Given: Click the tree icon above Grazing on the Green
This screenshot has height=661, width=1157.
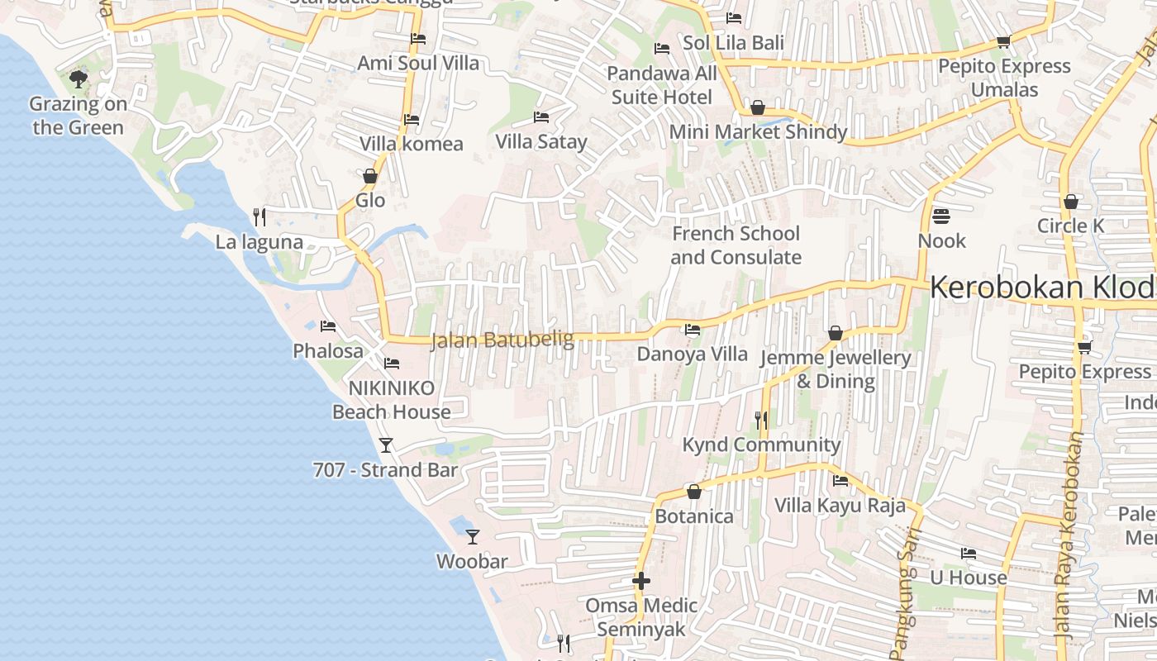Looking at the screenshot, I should [79, 79].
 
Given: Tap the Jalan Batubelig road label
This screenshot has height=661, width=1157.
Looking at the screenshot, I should [502, 340].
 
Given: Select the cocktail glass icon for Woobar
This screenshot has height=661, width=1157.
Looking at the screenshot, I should [472, 537].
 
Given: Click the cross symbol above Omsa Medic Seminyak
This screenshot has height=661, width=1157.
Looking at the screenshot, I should [641, 581].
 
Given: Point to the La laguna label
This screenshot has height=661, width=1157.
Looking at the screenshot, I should [259, 242].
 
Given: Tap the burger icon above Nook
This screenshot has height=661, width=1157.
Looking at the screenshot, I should [941, 216].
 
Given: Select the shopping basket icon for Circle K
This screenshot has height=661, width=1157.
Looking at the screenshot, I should [1071, 202].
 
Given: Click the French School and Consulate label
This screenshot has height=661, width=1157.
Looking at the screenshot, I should [736, 245].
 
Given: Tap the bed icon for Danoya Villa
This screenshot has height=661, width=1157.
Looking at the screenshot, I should [693, 330].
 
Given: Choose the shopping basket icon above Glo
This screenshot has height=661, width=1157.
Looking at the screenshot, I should [370, 176].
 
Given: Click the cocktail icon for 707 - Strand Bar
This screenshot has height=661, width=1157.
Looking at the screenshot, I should [386, 445].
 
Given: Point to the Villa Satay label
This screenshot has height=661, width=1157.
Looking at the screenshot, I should [540, 141].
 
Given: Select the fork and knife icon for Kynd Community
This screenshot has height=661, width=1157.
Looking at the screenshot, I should [761, 421].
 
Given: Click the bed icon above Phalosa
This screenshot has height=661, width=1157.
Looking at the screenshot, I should [328, 326].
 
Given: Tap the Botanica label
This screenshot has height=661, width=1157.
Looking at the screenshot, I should [694, 516].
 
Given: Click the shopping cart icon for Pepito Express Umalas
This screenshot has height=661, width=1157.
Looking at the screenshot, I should [1003, 41].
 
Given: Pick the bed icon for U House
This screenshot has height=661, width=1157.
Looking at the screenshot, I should [969, 554].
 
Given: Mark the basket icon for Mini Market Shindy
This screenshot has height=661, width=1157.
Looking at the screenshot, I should [757, 108].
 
